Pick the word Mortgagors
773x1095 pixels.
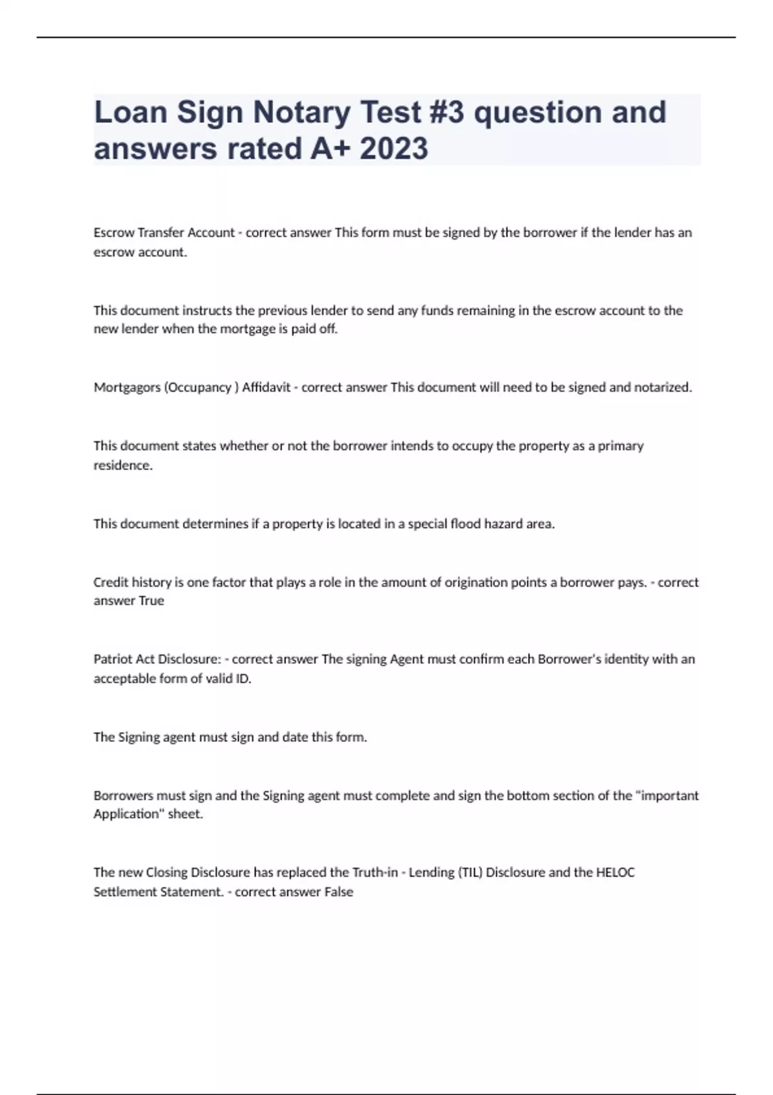pos(127,387)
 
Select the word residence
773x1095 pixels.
pos(122,465)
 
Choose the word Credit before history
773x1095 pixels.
pos(111,582)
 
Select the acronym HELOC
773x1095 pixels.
pos(615,873)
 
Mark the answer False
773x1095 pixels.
pos(338,892)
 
